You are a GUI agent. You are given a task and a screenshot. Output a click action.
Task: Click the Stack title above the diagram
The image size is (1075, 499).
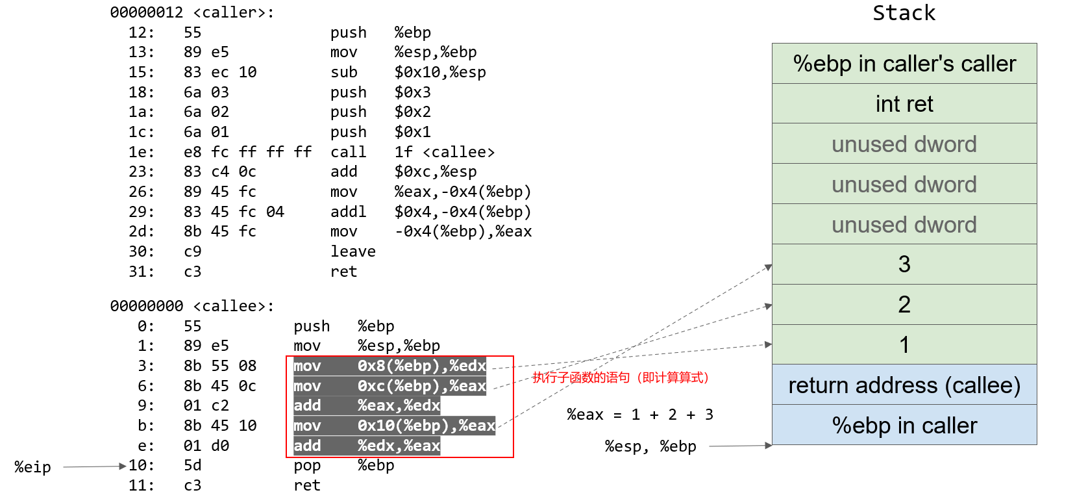[904, 13]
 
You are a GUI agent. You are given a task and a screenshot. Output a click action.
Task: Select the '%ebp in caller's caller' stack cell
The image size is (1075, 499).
[904, 64]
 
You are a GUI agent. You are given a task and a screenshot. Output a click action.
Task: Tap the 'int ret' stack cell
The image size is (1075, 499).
[904, 104]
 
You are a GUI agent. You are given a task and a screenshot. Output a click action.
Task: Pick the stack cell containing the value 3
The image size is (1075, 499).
[904, 264]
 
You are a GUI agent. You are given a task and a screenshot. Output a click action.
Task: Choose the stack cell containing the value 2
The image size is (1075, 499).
[904, 305]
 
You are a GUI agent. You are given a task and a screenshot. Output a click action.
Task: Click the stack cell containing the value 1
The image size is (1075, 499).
[904, 345]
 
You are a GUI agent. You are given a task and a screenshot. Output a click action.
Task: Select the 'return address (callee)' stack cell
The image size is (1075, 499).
[904, 385]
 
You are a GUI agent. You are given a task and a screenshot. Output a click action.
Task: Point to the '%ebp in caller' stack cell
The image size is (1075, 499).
[904, 426]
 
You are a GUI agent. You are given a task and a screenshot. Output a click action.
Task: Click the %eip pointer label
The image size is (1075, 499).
[33, 467]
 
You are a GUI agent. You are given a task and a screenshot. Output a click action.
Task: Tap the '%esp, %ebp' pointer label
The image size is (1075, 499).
[650, 446]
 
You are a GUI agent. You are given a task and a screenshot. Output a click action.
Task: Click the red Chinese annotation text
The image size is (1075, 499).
[620, 377]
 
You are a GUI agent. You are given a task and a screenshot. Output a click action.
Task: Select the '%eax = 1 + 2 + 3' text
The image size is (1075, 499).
[640, 415]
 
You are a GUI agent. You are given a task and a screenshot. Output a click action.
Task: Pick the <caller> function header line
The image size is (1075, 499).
[192, 12]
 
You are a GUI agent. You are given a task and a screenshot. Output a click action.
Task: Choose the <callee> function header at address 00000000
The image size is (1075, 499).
[192, 306]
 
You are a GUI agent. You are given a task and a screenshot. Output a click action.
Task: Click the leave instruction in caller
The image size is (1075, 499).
[352, 251]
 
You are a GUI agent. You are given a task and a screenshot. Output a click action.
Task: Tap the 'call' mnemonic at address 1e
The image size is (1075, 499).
[348, 152]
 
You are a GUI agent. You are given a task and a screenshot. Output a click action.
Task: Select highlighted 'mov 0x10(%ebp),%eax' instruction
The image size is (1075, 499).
[394, 426]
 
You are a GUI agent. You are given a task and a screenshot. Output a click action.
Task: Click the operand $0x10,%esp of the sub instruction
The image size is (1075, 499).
[440, 72]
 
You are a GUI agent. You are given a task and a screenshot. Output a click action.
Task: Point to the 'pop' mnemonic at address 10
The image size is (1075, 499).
[307, 466]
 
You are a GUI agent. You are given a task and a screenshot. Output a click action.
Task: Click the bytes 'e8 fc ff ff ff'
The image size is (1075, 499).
[247, 152]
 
